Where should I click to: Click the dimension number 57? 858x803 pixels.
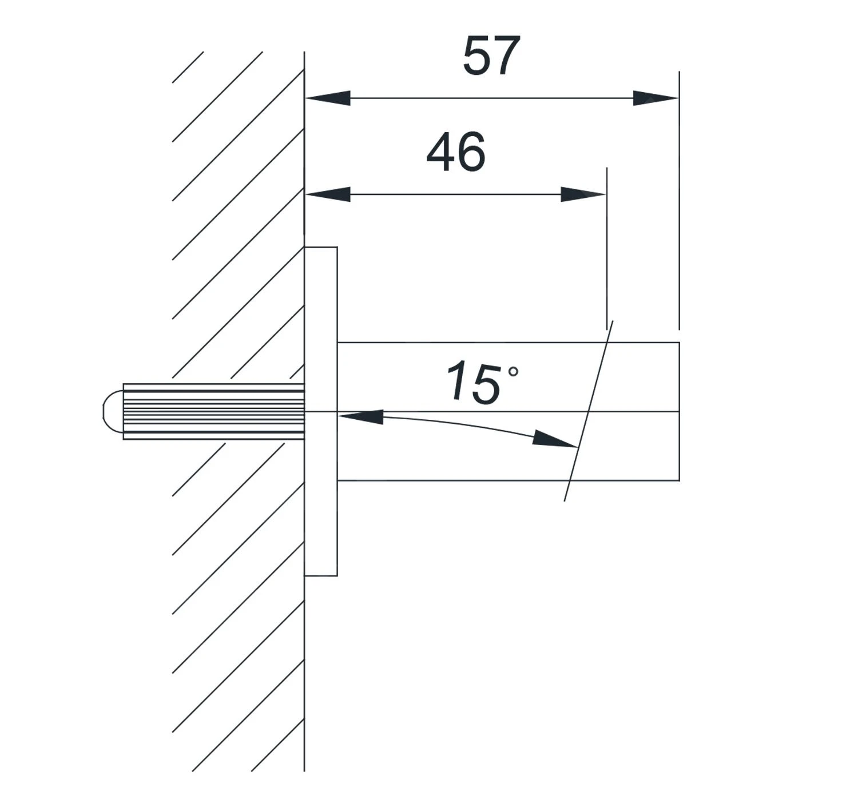pos(491,55)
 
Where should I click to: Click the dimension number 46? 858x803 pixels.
pos(456,152)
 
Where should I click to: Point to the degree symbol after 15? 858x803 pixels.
pos(513,372)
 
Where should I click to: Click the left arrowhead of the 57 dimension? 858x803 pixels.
pos(328,98)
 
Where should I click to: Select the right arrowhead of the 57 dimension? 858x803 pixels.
pos(656,98)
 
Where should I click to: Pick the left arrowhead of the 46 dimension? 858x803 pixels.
pos(328,194)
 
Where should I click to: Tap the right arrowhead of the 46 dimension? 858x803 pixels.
pos(583,194)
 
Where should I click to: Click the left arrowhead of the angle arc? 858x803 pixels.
pos(360,416)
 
